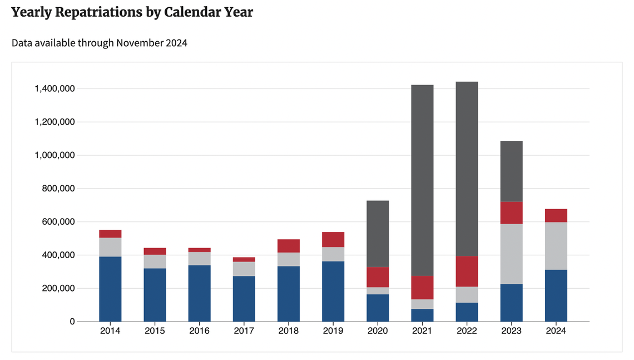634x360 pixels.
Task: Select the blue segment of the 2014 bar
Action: click(110, 289)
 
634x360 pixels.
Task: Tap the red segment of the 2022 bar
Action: click(467, 271)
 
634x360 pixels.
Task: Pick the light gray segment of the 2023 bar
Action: click(511, 254)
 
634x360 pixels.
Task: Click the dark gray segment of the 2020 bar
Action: click(378, 234)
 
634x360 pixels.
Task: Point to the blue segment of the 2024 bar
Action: click(556, 295)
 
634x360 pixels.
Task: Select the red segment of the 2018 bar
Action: click(289, 246)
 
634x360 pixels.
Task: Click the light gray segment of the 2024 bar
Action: click(556, 246)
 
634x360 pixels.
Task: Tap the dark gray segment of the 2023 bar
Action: click(511, 171)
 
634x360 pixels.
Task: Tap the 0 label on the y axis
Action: click(72, 322)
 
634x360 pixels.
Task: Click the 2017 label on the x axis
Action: click(244, 331)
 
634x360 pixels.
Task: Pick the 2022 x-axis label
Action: click(467, 331)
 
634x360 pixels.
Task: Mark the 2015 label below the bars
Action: click(155, 331)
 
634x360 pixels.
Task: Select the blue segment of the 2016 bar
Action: click(199, 293)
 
